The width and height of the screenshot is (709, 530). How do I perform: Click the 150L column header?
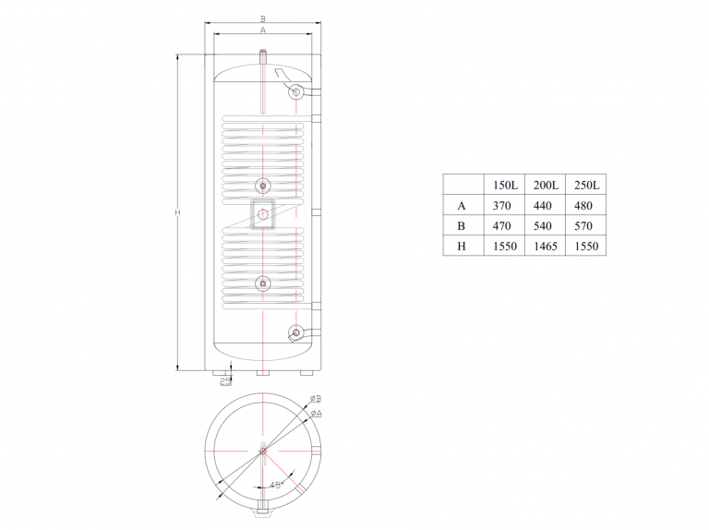pyautogui.click(x=505, y=185)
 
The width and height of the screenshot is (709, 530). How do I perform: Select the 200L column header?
pyautogui.click(x=546, y=185)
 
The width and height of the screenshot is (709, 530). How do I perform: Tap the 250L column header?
pyautogui.click(x=586, y=185)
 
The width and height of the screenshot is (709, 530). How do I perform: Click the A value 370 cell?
pyautogui.click(x=501, y=206)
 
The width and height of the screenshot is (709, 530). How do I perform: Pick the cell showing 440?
pyautogui.click(x=542, y=206)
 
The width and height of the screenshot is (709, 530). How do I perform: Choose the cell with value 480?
pyautogui.click(x=583, y=206)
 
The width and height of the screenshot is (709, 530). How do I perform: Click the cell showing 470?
pyautogui.click(x=501, y=225)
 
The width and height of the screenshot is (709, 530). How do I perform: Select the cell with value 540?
pyautogui.click(x=542, y=225)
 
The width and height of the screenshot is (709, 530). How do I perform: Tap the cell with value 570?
pyautogui.click(x=583, y=225)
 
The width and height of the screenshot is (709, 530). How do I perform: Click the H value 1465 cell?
pyautogui.click(x=546, y=246)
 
